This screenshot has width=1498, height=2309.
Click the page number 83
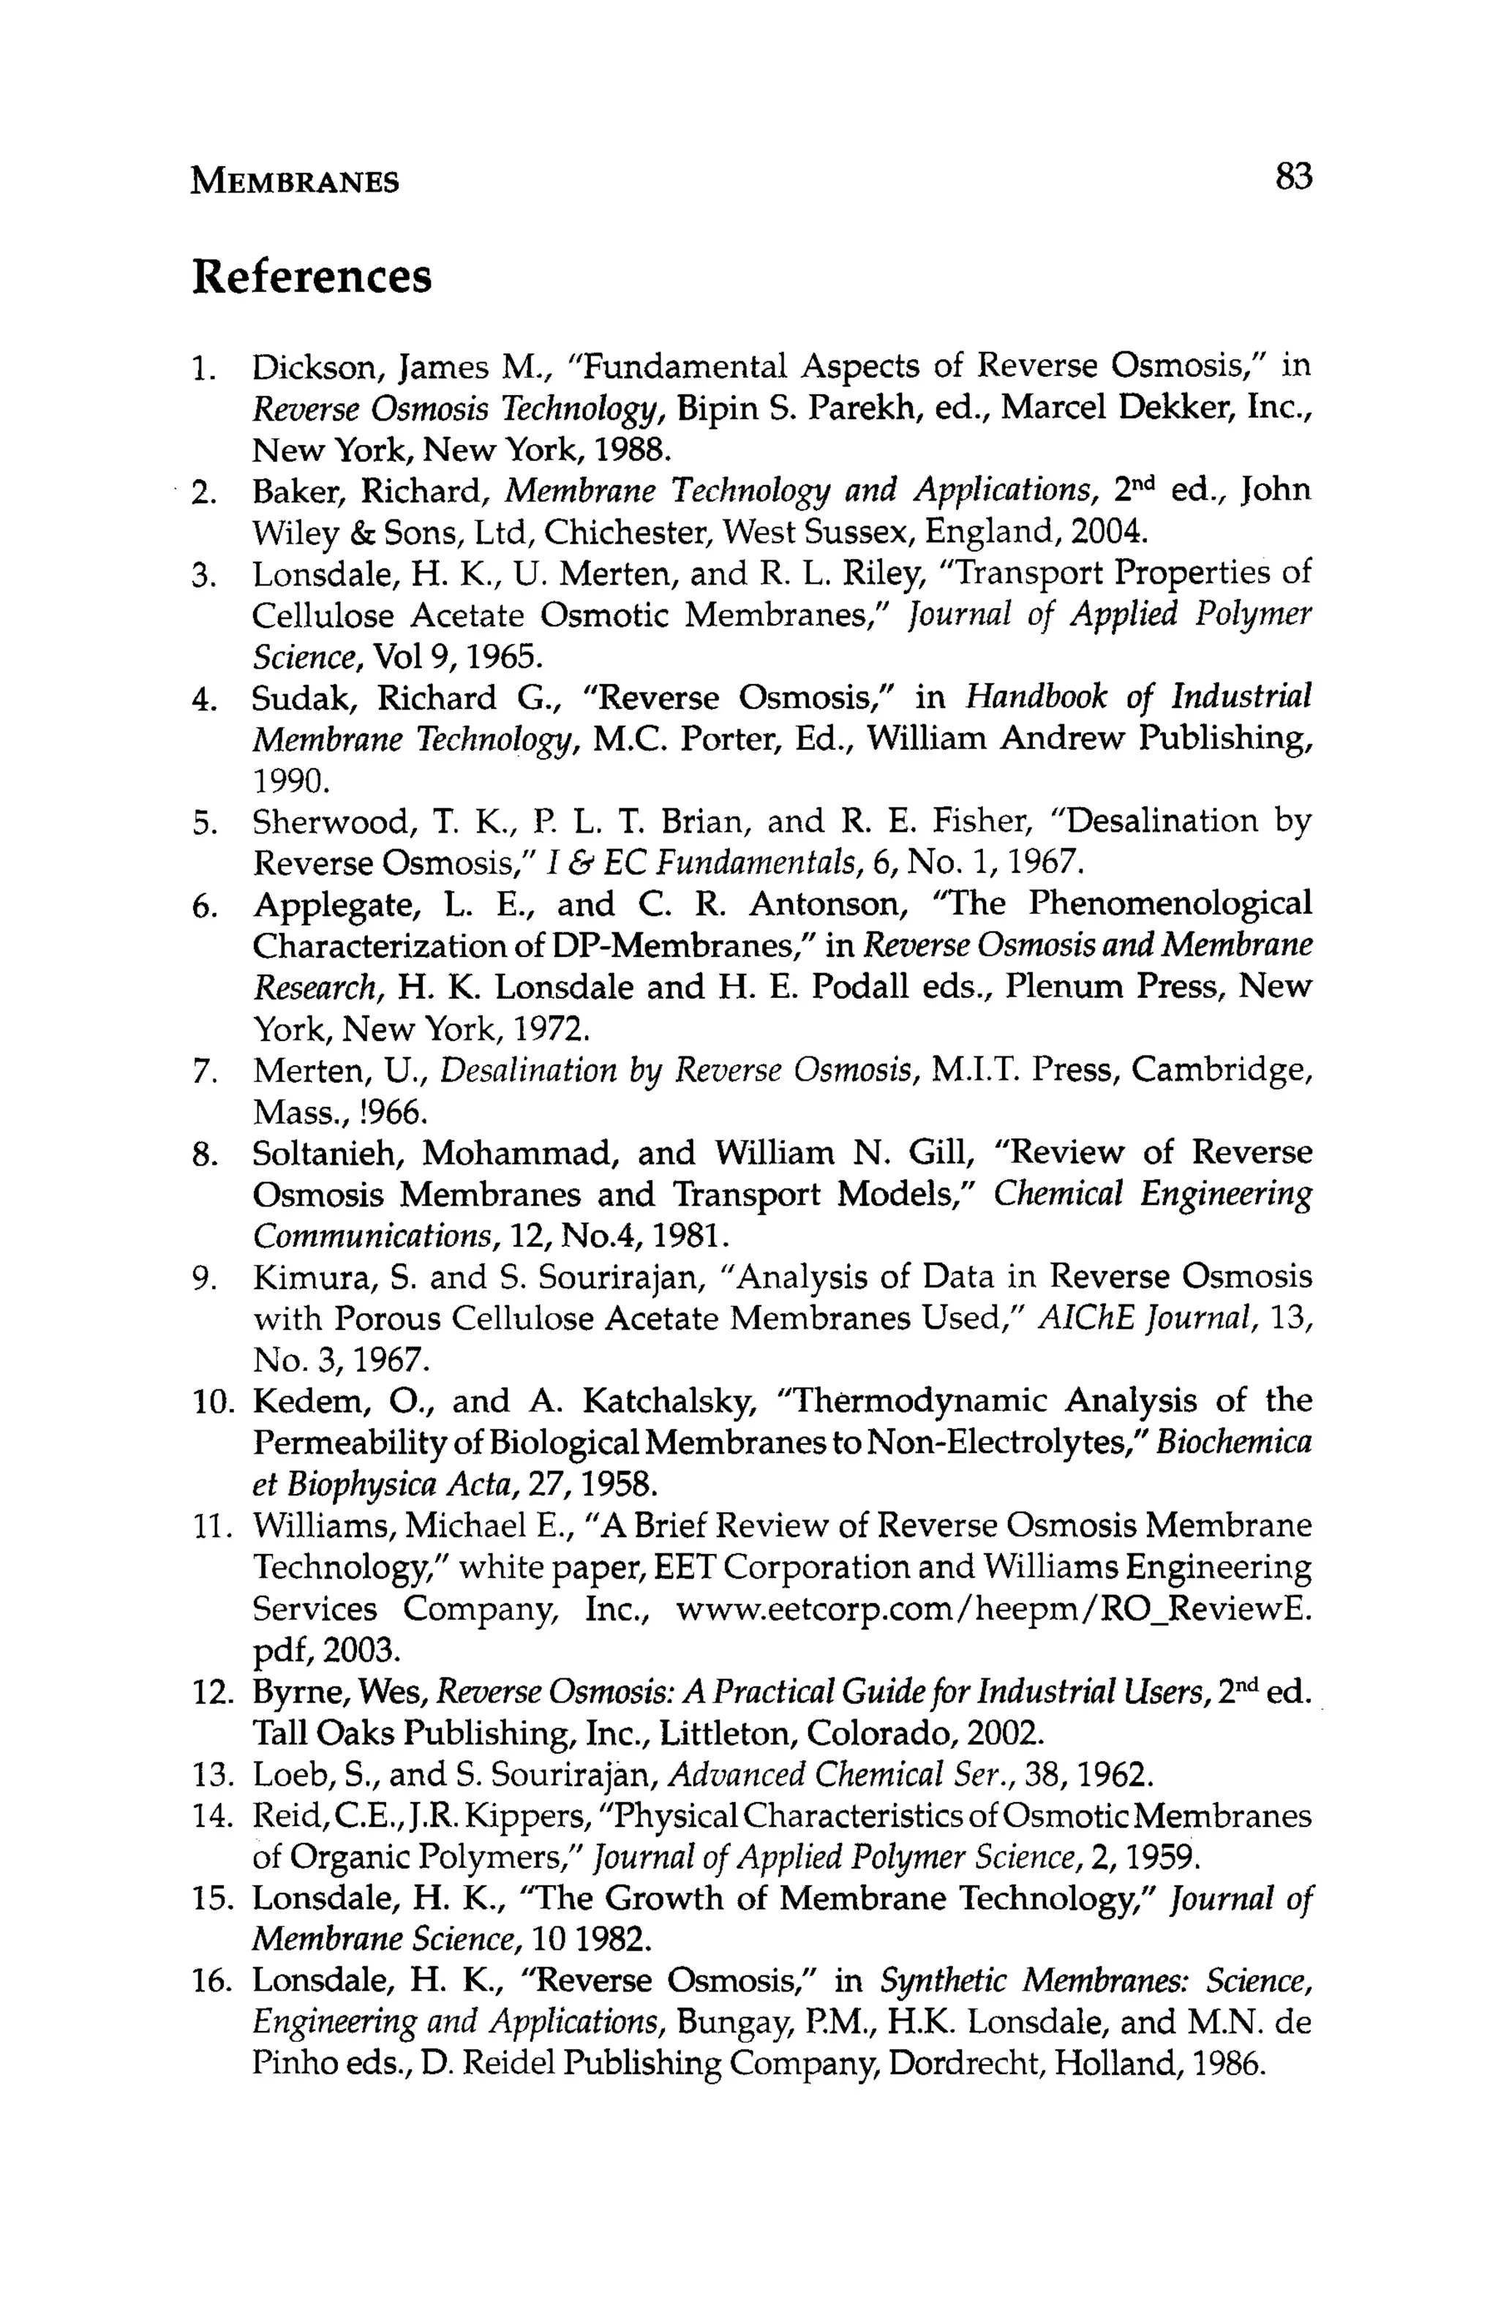pyautogui.click(x=1293, y=178)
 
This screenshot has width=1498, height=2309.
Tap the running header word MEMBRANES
pyautogui.click(x=295, y=181)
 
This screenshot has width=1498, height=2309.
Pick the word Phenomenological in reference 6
pyautogui.click(x=1169, y=905)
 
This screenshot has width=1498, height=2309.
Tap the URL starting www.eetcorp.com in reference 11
pyautogui.click(x=993, y=1610)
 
